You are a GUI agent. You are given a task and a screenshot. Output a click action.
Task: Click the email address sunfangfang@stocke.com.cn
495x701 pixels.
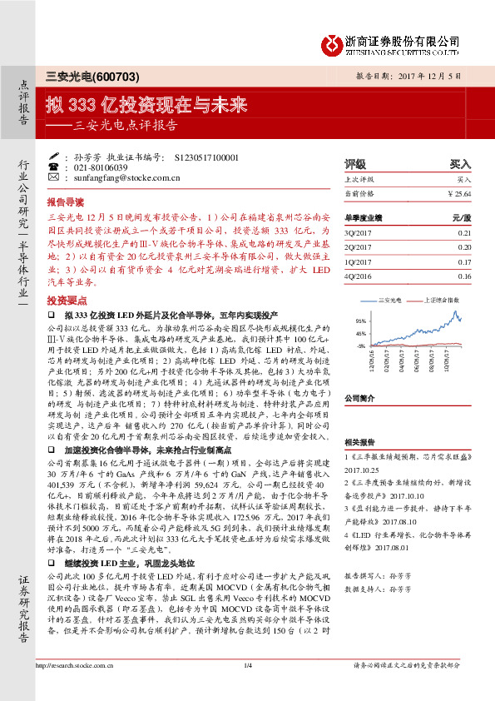117,177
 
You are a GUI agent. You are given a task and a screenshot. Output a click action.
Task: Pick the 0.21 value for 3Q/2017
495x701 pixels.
464,234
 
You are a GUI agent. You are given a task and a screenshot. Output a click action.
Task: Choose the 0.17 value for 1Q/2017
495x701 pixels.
464,262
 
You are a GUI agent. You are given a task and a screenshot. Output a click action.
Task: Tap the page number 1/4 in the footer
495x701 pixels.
247,689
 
